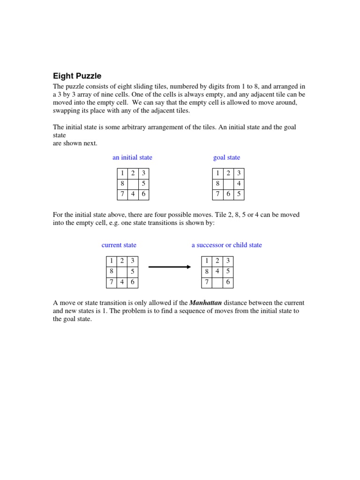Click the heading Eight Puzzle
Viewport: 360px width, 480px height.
click(x=77, y=76)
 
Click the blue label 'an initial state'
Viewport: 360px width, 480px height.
click(x=132, y=157)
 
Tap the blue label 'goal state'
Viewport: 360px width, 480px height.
click(x=226, y=157)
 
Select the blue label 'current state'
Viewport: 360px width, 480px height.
click(x=119, y=245)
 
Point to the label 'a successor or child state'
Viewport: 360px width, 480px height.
click(x=227, y=245)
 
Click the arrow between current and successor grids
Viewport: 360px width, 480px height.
click(x=169, y=267)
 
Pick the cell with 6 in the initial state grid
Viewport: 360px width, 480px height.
click(x=144, y=194)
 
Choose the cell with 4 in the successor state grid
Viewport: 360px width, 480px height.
click(x=217, y=271)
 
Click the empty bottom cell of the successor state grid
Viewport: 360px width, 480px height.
click(x=217, y=282)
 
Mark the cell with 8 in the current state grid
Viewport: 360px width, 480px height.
click(x=112, y=271)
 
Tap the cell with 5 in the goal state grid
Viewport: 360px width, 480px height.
click(x=239, y=194)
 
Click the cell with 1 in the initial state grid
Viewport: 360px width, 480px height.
click(x=122, y=173)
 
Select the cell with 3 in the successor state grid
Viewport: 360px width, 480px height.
click(x=228, y=261)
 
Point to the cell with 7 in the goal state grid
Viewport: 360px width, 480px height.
click(x=217, y=194)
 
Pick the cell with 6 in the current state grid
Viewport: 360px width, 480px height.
click(x=133, y=282)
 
